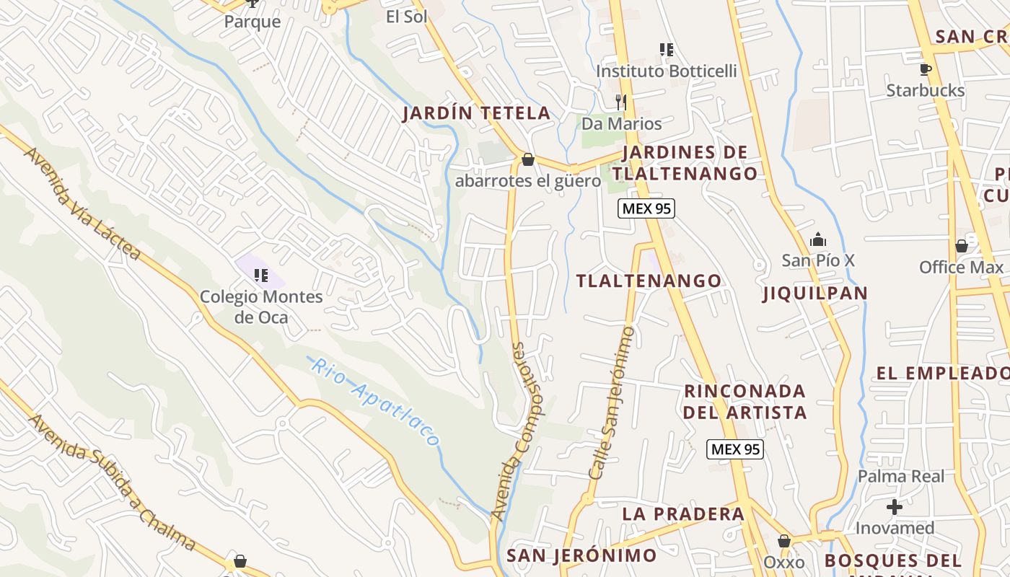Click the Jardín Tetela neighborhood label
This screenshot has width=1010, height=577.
(476, 113)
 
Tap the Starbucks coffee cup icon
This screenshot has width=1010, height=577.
(925, 69)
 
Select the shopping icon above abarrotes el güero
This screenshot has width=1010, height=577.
(528, 159)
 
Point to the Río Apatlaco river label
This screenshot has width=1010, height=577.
(374, 401)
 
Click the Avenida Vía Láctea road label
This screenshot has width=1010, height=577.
(82, 203)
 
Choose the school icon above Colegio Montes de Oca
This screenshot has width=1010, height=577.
(261, 275)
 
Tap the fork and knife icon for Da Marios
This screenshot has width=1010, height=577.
(620, 102)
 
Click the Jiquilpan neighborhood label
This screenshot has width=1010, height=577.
(814, 293)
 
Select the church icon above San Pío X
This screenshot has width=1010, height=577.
(818, 239)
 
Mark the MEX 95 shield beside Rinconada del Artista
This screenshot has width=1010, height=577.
(734, 449)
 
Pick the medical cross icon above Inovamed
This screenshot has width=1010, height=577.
(895, 507)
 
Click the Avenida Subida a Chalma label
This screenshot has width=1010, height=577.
(111, 482)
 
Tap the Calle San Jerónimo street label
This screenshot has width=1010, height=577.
(611, 403)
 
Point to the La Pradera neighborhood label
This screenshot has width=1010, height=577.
(682, 514)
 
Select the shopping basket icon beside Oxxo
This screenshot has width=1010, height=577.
(784, 541)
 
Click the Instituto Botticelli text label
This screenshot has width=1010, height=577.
(666, 71)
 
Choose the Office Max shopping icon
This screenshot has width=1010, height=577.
(962, 246)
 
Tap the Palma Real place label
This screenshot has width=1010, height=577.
(900, 476)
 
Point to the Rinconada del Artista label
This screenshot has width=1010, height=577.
(745, 402)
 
